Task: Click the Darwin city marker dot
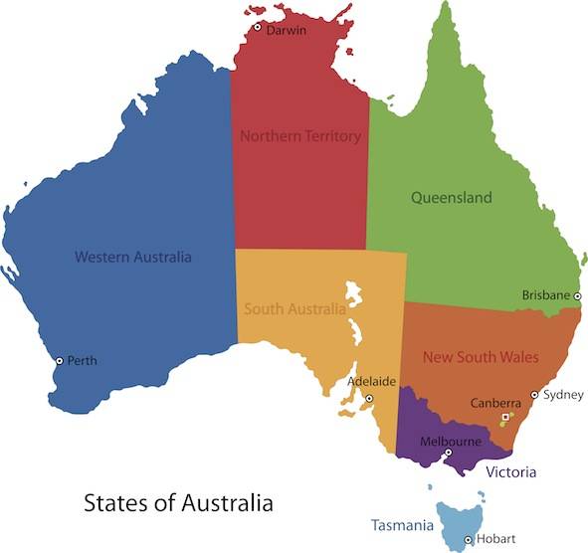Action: (257, 27)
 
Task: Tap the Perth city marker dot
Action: (59, 360)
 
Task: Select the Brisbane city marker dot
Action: (577, 295)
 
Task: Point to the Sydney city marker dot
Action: (534, 395)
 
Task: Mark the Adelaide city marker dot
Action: (369, 399)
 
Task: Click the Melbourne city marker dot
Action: (448, 454)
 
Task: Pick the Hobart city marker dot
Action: (468, 539)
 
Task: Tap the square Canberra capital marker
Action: (505, 416)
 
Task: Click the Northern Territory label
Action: (299, 135)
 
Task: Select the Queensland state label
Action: (452, 198)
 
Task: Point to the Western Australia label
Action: (133, 257)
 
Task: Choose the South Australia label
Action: (294, 308)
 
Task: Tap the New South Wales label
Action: (481, 356)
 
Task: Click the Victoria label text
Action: (511, 472)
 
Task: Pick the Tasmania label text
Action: (402, 524)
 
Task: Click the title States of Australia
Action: (177, 501)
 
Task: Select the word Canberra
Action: (494, 403)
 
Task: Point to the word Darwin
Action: (287, 30)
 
